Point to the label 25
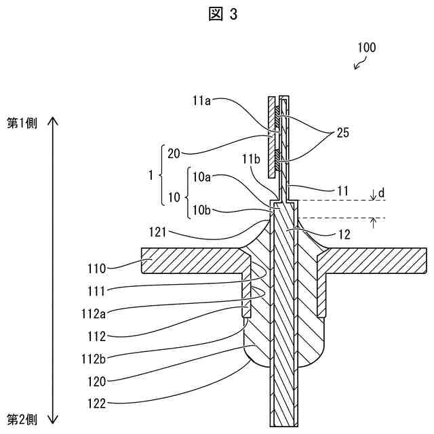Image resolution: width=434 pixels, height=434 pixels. (342, 134)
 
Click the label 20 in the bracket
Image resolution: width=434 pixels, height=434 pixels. (173, 153)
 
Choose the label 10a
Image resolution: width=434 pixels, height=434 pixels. (202, 177)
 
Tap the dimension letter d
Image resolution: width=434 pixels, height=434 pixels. (382, 193)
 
